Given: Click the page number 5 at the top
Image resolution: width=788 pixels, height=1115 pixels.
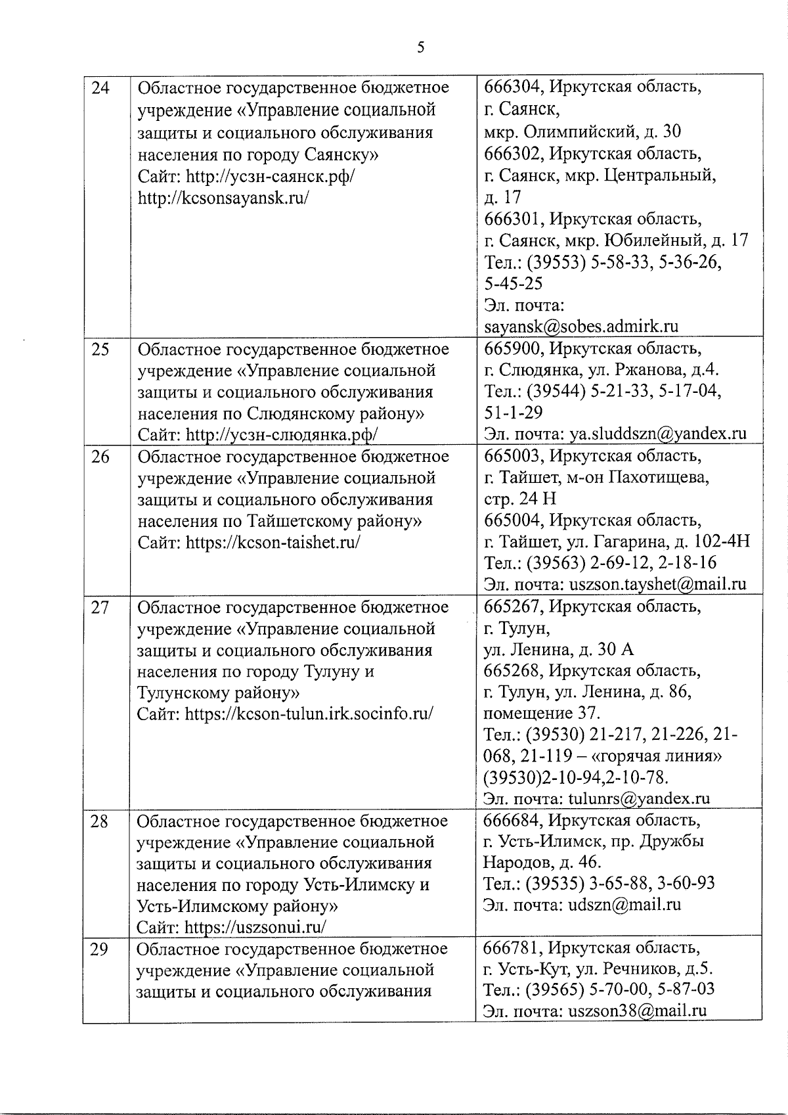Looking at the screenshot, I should [x=420, y=47].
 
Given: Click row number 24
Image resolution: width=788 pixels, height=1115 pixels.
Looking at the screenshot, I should [x=100, y=88].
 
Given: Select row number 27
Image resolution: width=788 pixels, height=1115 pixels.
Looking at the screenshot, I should [x=100, y=608].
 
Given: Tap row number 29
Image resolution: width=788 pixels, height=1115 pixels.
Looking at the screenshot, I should [x=99, y=949].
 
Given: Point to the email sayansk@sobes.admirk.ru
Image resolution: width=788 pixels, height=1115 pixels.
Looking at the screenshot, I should [x=581, y=327].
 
